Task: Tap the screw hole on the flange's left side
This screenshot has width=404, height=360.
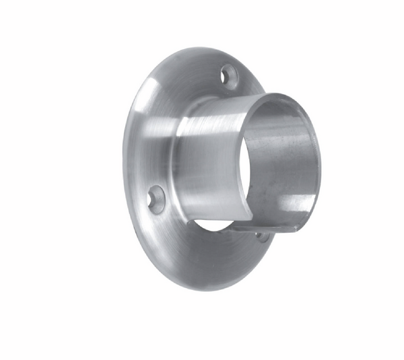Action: [x=156, y=199]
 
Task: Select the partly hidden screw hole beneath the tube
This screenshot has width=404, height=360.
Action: [x=262, y=237]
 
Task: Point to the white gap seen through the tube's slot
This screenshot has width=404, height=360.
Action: [x=214, y=224]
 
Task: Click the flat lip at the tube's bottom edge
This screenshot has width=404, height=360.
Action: [x=269, y=227]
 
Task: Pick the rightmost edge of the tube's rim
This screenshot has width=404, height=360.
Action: [x=320, y=161]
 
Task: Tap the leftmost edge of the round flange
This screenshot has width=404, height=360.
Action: [x=123, y=168]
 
